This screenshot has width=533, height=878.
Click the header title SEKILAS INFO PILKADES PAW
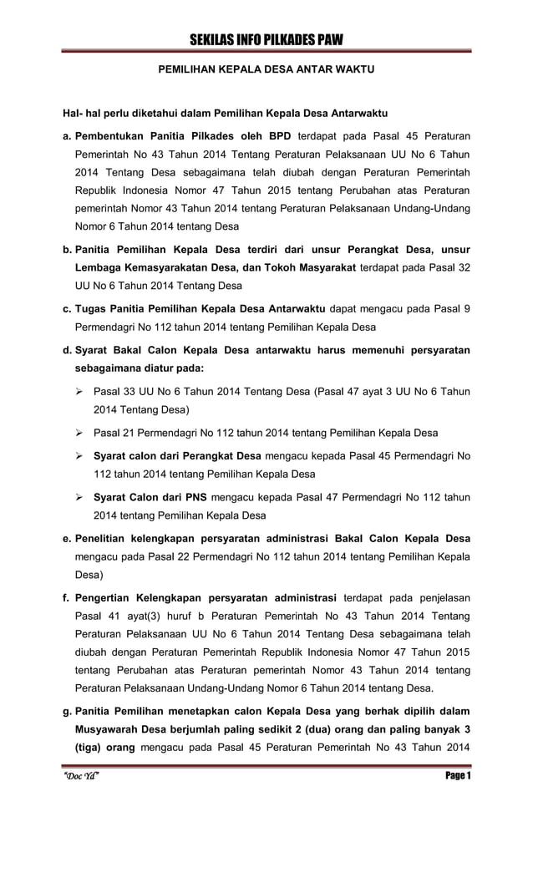266,41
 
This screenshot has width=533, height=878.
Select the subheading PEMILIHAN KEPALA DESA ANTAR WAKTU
266,72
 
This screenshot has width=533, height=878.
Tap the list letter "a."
67,135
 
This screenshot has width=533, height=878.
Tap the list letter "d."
67,349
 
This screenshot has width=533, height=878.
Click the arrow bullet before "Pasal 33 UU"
80,391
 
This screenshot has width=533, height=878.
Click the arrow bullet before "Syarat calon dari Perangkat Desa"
80,455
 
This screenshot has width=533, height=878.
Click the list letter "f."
67,597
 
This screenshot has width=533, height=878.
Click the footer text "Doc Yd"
83,777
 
